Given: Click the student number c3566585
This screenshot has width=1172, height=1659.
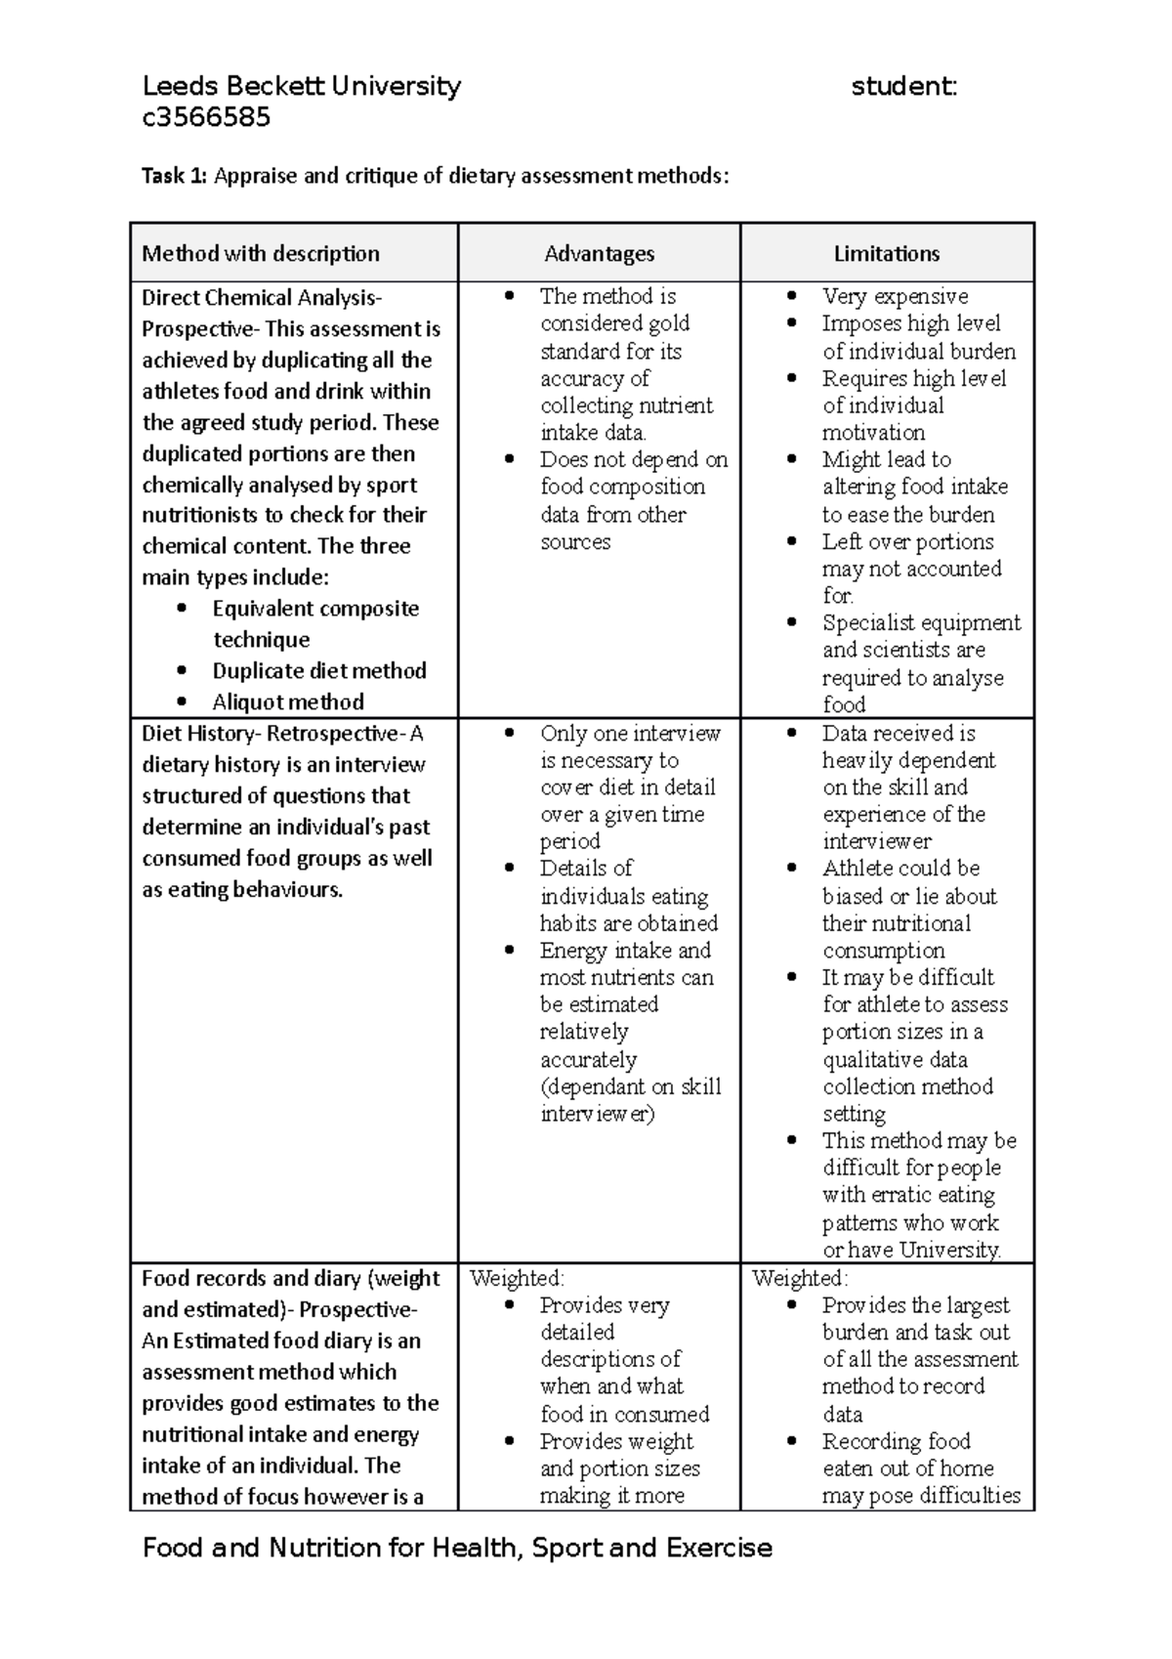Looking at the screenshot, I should coord(206,118).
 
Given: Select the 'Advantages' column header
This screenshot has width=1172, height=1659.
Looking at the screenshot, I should coord(599,254).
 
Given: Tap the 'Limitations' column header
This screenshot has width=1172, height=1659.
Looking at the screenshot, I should coord(886,254).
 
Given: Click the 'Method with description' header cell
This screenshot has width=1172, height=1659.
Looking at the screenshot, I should coord(261,254).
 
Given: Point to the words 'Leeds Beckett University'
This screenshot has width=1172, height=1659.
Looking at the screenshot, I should coord(301,86).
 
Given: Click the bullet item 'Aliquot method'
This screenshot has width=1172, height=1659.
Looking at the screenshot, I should coord(288,702).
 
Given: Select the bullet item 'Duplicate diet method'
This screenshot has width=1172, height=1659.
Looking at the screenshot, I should coord(319,670).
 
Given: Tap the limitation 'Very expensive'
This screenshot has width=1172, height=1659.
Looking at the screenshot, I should coord(895,296).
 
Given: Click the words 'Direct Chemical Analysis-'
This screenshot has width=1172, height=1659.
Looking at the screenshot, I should coord(262,297).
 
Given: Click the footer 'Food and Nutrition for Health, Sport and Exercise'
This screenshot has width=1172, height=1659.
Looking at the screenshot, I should coord(457,1548).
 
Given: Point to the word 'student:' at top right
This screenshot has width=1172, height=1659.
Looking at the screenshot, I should coord(903,86).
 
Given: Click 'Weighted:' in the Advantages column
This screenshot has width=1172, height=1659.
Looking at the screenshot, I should coord(517,1278).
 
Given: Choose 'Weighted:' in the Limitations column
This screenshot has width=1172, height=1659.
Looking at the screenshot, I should coord(800,1278).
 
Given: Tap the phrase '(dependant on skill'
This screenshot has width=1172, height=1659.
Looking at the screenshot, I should coord(630,1086).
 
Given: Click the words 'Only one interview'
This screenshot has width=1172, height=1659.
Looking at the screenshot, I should coord(630,733).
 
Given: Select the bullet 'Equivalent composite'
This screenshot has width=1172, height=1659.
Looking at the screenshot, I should coord(315,608).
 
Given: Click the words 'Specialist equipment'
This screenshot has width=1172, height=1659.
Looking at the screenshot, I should coord(921,622).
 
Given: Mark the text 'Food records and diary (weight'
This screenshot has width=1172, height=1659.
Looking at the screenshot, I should coord(291,1278).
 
